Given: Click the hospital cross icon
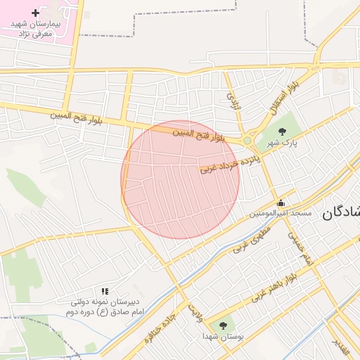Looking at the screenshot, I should click(x=36, y=13).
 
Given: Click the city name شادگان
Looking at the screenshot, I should click(x=341, y=213).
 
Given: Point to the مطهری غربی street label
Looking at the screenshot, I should click(x=252, y=238).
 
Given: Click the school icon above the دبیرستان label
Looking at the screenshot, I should click(x=105, y=291).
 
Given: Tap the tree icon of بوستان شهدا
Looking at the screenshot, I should click(x=223, y=326).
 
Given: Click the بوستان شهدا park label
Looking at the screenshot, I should click(x=224, y=337).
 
